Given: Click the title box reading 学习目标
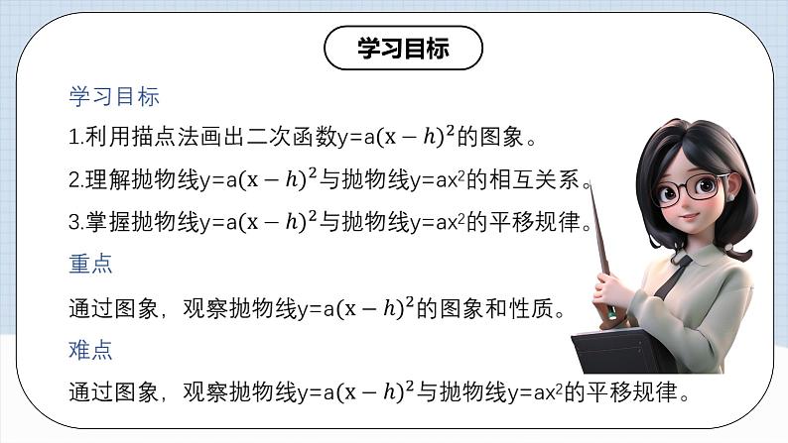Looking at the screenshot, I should [x=403, y=49].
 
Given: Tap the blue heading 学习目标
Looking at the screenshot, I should [x=114, y=97].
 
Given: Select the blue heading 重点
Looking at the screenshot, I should [x=90, y=265].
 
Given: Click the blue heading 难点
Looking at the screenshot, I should [x=90, y=350].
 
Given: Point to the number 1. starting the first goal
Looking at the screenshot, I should [x=75, y=138].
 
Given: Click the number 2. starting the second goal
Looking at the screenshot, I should [x=75, y=180].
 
